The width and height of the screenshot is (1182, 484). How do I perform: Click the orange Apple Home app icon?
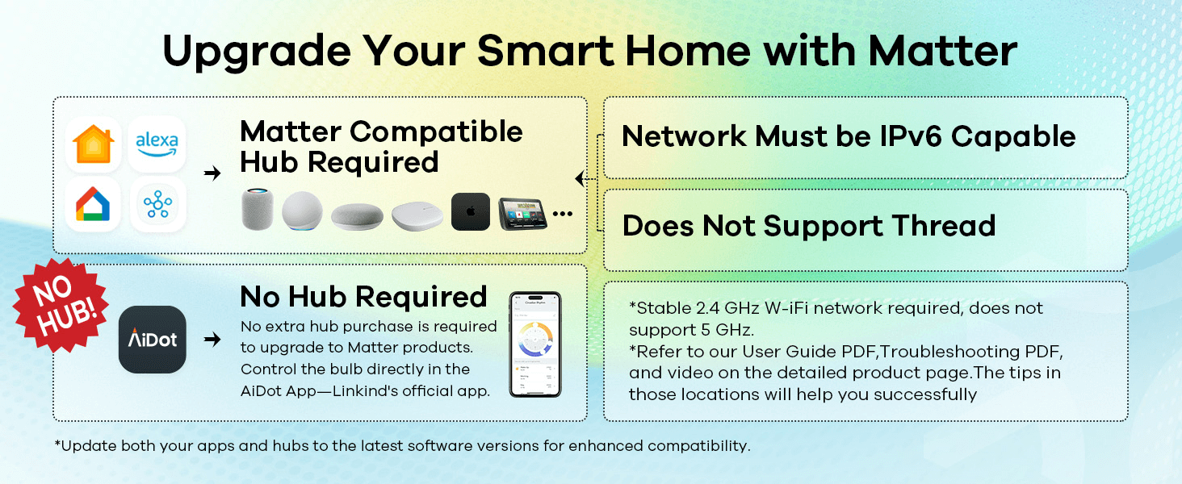(x=94, y=144)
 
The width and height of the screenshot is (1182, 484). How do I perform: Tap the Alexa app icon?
(x=157, y=144)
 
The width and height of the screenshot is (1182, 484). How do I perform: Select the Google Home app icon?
(x=93, y=205)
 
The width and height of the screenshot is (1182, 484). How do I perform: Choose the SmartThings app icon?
(x=157, y=205)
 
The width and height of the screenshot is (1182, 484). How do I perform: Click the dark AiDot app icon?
(x=153, y=340)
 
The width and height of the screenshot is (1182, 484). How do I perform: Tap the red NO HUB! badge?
(x=61, y=305)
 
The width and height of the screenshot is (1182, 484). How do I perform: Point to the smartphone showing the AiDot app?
(x=535, y=344)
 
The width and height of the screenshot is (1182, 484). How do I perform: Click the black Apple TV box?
(x=471, y=211)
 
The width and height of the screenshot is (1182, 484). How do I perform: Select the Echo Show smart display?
(x=522, y=214)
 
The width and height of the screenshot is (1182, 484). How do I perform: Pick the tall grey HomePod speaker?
(x=258, y=209)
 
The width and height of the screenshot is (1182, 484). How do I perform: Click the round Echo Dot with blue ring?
(x=302, y=211)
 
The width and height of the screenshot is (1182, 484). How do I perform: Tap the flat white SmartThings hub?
(x=417, y=215)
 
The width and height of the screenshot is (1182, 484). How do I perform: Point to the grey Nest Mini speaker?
(x=357, y=216)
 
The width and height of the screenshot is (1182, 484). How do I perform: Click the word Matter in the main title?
(x=942, y=51)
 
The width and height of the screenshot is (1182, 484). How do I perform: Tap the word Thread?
(x=944, y=226)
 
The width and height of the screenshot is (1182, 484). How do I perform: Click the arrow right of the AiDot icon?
(x=212, y=339)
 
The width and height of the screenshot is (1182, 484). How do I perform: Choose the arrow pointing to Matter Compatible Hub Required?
(x=212, y=173)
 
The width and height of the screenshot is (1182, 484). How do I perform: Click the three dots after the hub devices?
(x=563, y=214)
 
